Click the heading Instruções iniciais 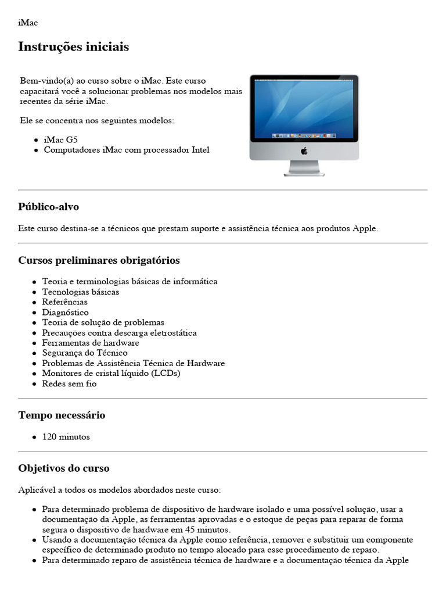click(x=74, y=47)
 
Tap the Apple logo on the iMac click(x=304, y=151)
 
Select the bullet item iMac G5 click(x=60, y=140)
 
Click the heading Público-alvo click(x=49, y=207)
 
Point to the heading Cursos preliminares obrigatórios click(x=99, y=260)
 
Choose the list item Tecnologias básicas click(x=80, y=292)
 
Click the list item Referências click(x=64, y=302)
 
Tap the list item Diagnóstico click(x=65, y=312)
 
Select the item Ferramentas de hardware click(x=91, y=343)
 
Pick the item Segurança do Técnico click(x=85, y=353)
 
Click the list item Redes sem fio click(x=69, y=383)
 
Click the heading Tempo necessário click(x=62, y=415)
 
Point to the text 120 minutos click(x=66, y=437)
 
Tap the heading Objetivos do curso click(x=64, y=468)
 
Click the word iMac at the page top click(x=28, y=23)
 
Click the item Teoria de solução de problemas click(x=103, y=322)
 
